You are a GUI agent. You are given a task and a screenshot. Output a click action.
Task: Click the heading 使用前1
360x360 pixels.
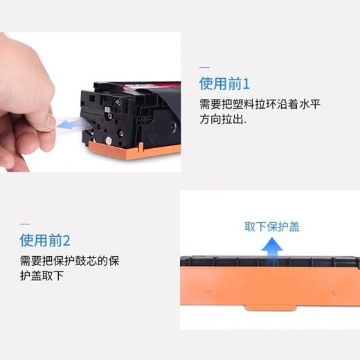(224, 84)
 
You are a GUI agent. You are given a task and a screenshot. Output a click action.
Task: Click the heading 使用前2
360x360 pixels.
(45, 241)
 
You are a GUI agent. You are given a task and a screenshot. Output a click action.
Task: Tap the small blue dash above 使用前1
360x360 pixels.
(204, 67)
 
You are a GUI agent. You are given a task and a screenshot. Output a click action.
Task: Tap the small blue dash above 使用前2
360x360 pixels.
(24, 224)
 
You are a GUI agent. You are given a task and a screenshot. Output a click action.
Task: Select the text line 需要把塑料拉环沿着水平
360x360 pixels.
(260, 104)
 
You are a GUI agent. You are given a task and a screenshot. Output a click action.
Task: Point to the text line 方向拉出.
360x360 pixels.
(222, 118)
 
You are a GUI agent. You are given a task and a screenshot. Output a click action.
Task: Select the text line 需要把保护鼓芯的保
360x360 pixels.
(69, 261)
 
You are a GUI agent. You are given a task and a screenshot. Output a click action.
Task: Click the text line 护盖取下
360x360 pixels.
(42, 276)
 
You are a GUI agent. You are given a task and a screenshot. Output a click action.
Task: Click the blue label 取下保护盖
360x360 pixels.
(271, 226)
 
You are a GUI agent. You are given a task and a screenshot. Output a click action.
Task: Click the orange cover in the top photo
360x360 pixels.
(135, 146)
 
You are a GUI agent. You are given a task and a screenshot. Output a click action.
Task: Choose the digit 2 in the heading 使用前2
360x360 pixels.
(66, 241)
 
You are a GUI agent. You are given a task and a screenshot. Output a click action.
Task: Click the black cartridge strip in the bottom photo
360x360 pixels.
(270, 263)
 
